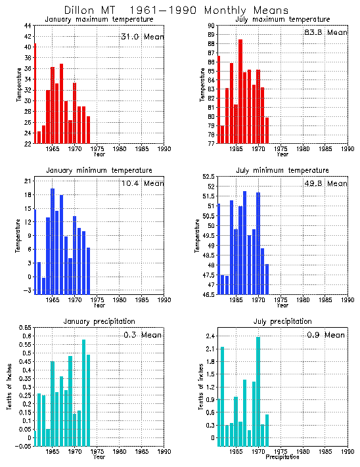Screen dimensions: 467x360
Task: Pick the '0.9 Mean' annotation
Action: pos(325,335)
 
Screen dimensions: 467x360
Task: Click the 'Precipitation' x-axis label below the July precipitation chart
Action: pos(282,457)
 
